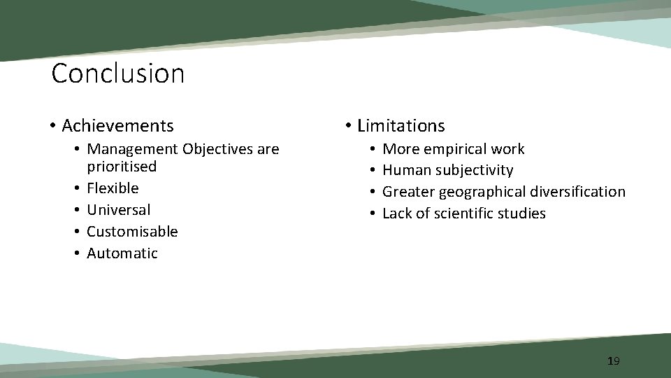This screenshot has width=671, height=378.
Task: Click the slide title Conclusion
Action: pos(118,73)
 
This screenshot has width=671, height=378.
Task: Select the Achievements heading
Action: pos(117,126)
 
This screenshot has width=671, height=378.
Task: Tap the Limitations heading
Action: pos(401,126)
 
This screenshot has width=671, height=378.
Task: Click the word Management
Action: pos(132,149)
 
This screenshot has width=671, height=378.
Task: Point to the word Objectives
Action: pos(215,149)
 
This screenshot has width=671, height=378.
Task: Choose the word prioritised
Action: pos(122,167)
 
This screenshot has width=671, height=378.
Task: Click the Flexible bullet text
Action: pos(113,188)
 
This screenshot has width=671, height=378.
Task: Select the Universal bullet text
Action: pos(118,210)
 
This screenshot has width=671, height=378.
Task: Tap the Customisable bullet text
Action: pos(132,232)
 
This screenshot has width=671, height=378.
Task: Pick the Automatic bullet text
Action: pos(122,253)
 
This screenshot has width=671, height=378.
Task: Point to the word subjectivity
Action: pos(475,171)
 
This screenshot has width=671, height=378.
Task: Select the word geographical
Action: pos(482,192)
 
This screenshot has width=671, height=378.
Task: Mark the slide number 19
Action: pos(613,361)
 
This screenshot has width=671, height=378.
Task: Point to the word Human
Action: pos(407,171)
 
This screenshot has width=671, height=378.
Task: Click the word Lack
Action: pos(396,213)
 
